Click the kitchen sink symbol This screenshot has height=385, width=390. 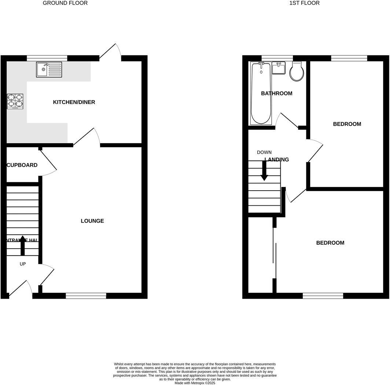point(49,69)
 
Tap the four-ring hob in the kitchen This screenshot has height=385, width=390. point(15,101)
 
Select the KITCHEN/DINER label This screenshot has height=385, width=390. point(74,102)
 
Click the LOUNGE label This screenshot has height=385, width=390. point(92,221)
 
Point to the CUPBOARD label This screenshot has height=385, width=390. point(22,165)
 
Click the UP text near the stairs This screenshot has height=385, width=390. point(23,264)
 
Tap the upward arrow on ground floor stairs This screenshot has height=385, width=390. point(22,245)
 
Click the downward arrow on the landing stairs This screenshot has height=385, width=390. point(264,172)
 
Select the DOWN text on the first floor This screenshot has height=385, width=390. point(264,152)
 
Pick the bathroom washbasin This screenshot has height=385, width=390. point(279,68)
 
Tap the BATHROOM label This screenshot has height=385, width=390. point(277,93)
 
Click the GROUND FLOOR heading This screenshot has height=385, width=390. point(65,3)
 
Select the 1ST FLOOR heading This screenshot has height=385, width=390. point(305,3)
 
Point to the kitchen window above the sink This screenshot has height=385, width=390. point(47,58)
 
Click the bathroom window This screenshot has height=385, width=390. point(277,58)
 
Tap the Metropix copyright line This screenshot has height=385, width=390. point(195,383)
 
